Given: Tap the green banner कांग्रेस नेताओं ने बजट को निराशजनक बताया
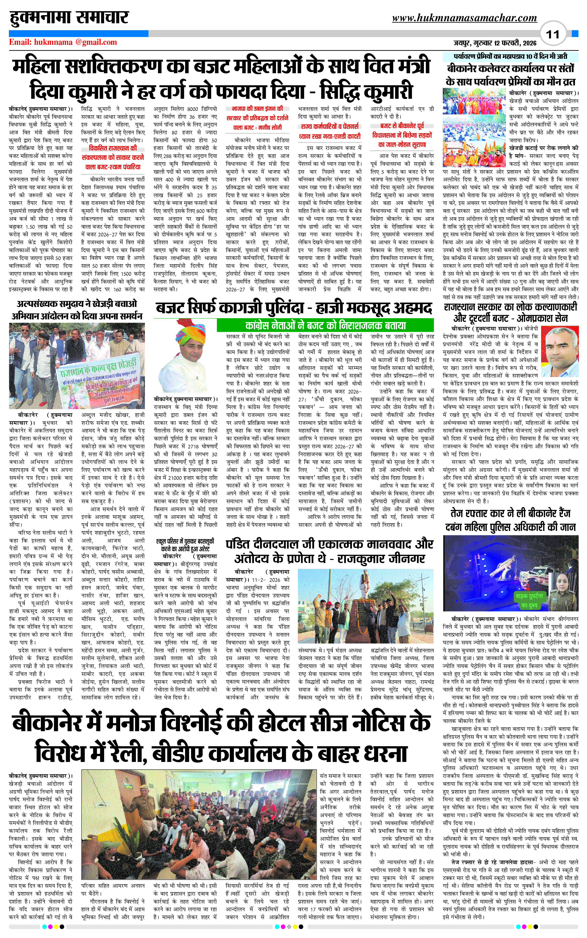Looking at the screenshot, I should point(325,325).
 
